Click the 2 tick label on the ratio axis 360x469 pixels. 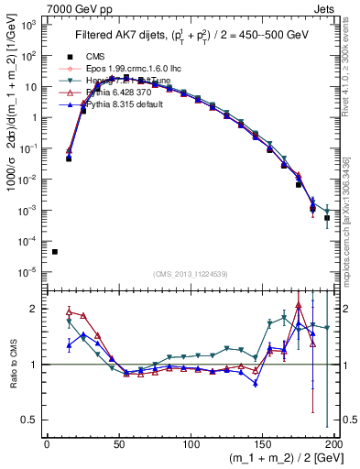point(33,309)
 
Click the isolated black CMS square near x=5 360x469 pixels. point(54,252)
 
